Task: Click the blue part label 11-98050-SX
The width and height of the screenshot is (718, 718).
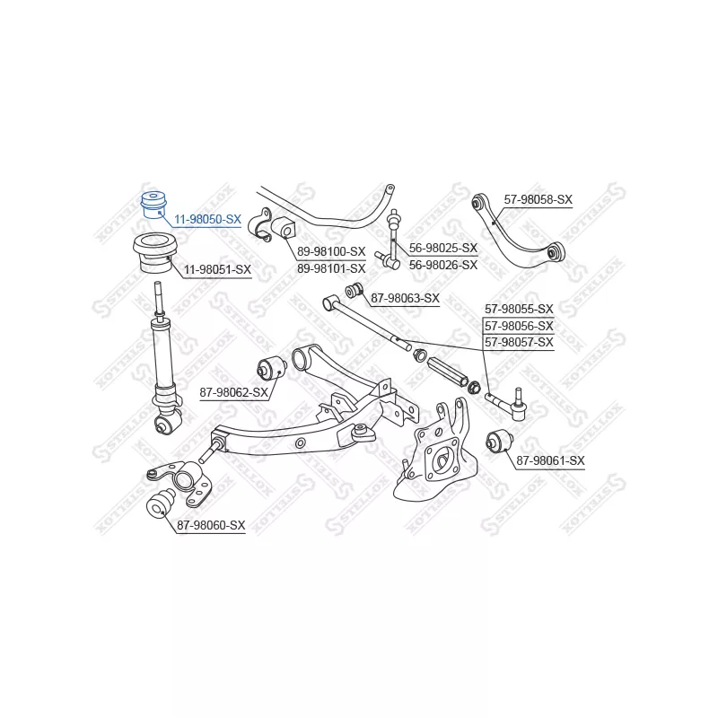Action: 207,219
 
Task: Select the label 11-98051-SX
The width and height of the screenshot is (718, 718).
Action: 217,269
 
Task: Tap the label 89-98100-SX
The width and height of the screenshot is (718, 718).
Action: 331,252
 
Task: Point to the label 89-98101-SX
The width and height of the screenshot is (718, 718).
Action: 331,267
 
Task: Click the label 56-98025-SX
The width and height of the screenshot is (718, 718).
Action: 443,248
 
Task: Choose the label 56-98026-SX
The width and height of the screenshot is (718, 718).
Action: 443,263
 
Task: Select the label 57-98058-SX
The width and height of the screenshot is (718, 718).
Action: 538,199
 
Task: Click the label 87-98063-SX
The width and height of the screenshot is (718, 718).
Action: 405,298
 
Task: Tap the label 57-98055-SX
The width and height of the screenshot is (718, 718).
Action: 519,309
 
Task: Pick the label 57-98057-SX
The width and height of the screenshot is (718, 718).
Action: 519,342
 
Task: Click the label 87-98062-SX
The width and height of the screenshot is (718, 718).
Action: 233,392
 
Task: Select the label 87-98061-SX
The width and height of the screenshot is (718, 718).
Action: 550,460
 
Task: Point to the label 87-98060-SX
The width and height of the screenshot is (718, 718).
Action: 210,525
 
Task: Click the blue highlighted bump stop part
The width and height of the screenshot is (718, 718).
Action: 154,206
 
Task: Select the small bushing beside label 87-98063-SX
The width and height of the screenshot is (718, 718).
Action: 354,289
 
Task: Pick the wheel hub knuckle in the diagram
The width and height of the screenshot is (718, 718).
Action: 440,453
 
